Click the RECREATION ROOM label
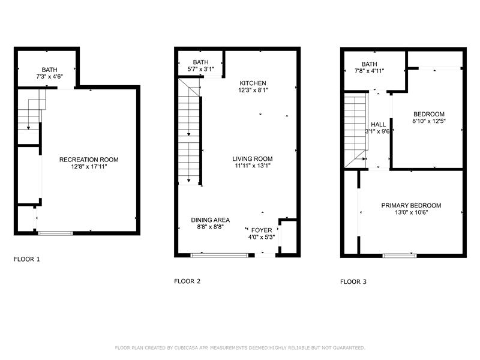[x=89, y=160]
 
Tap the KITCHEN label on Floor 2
[x=253, y=83]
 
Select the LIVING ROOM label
[x=253, y=158]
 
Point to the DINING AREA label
[x=211, y=220]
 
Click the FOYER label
[x=262, y=230]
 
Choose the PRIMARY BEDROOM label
[x=411, y=205]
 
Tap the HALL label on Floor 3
[x=379, y=124]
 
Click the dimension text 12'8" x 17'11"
[x=89, y=167]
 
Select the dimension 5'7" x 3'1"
[x=201, y=69]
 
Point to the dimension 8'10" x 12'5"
[x=429, y=121]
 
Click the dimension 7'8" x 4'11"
[x=369, y=71]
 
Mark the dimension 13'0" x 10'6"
[x=411, y=212]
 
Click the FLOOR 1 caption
[x=27, y=259]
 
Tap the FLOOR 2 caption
[x=187, y=281]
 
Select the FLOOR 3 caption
[x=353, y=281]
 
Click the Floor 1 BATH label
[x=50, y=70]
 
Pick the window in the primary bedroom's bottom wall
[x=400, y=256]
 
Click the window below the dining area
[x=219, y=255]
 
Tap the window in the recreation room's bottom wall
[x=56, y=233]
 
